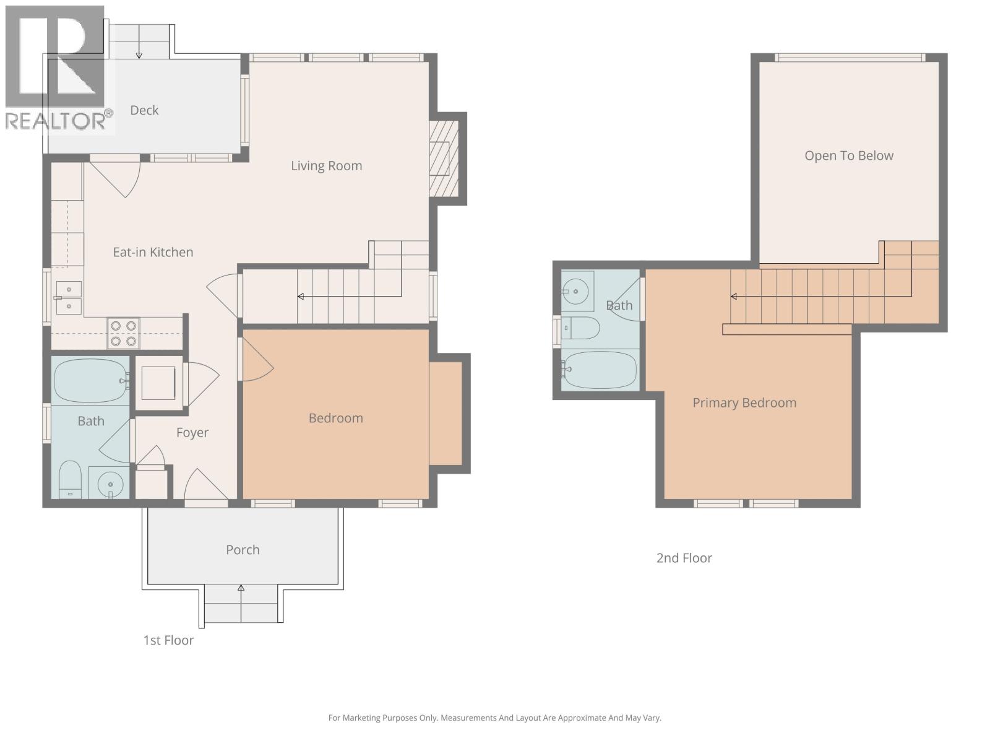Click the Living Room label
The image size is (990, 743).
pos(326,166)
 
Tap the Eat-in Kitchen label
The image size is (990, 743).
pos(153,252)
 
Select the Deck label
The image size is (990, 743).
pos(144,111)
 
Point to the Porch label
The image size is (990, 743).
pos(243,550)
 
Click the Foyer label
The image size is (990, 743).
pos(192,433)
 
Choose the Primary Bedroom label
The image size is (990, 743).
pos(744,403)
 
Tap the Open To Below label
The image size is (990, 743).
pos(849,155)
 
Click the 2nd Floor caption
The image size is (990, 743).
pos(684,558)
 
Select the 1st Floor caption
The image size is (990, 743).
pos(168,641)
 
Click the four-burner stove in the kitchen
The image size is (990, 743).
pos(123,333)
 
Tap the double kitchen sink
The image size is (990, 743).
pos(69,298)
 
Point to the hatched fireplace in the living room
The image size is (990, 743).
pos(444,159)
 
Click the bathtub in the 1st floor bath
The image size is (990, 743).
pos(92,381)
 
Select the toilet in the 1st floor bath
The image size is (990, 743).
pos(71,479)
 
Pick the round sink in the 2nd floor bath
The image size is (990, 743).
pos(577,292)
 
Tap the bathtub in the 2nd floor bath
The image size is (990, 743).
pos(600,370)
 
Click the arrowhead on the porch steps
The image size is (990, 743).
pos(241,588)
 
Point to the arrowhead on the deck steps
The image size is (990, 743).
pos(139,56)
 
